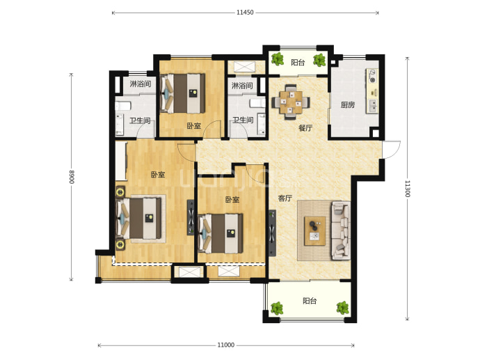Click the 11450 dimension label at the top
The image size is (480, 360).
(x=245, y=13)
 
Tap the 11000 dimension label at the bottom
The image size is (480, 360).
(x=226, y=345)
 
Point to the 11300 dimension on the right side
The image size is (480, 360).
(x=407, y=189)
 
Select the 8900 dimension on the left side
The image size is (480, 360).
(x=72, y=177)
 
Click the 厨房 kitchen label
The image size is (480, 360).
(x=348, y=105)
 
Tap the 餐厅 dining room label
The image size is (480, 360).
(x=305, y=128)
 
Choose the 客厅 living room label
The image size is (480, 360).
(x=285, y=198)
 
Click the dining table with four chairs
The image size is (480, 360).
(x=291, y=102)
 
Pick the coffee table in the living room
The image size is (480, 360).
(x=314, y=230)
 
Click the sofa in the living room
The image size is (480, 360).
(x=340, y=230)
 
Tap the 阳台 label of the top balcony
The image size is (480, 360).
(x=298, y=63)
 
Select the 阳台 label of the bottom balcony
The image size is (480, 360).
(x=310, y=301)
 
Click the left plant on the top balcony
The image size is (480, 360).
(x=278, y=58)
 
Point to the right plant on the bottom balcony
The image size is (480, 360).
(x=342, y=308)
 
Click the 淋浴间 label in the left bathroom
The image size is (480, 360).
(x=141, y=84)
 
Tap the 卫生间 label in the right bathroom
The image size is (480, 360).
(x=243, y=120)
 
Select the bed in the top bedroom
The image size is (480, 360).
(x=182, y=93)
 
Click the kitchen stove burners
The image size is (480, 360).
(x=372, y=76)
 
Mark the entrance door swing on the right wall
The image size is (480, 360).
(x=391, y=150)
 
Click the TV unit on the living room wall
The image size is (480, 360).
(x=272, y=233)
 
